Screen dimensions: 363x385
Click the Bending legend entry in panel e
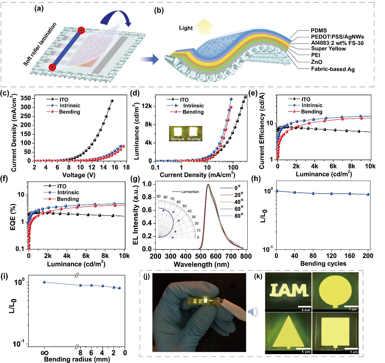tap(311, 112)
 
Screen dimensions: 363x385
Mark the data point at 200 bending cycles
tap(368, 195)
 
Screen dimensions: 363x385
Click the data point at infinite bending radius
tap(44, 282)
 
